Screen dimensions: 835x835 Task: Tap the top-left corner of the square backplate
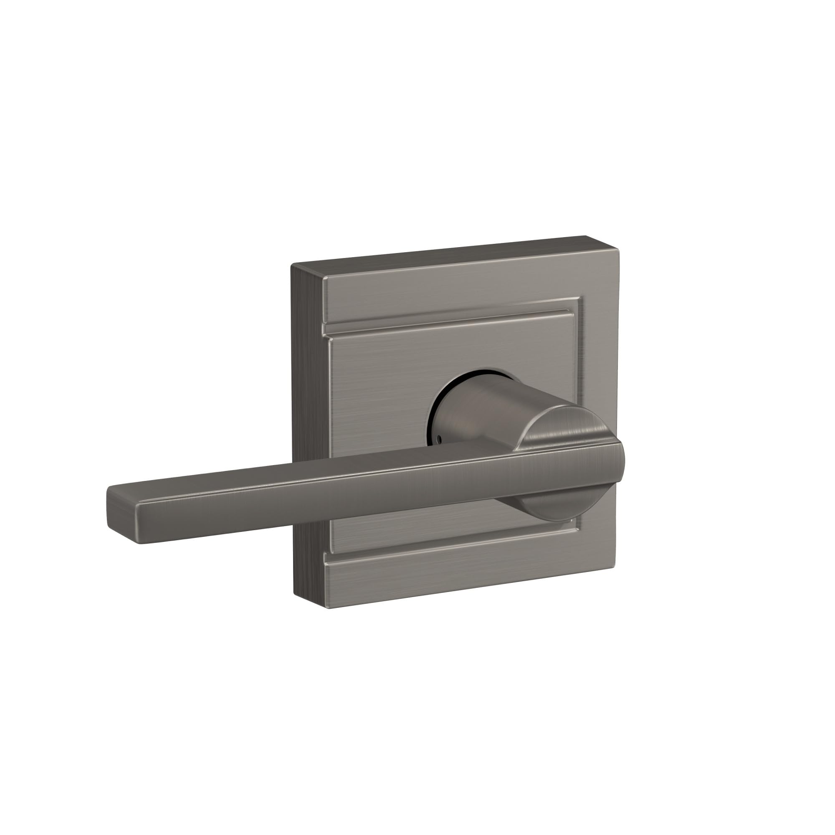pyautogui.click(x=293, y=265)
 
